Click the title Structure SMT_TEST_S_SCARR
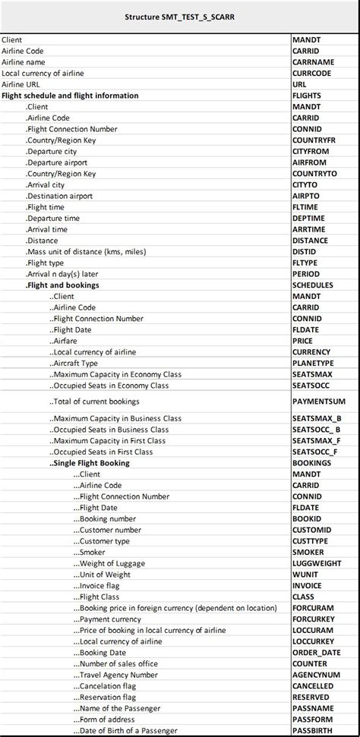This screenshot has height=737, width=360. pos(179,16)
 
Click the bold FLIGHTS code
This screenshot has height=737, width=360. pos(307,96)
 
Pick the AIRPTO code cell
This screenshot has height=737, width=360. pos(306,196)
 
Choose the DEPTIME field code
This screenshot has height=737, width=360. pos(308,218)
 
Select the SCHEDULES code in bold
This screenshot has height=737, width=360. pos(313,285)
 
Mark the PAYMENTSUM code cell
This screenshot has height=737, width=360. pos(319,401)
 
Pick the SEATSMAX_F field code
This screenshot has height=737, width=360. pos(317,440)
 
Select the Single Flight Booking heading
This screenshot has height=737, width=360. pos(89,463)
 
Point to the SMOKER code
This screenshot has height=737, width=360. pos(308,552)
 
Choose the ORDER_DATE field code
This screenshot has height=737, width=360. pos(317,652)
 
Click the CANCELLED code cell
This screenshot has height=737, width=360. pos(313,686)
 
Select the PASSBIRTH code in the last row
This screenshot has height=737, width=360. pos(311,730)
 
